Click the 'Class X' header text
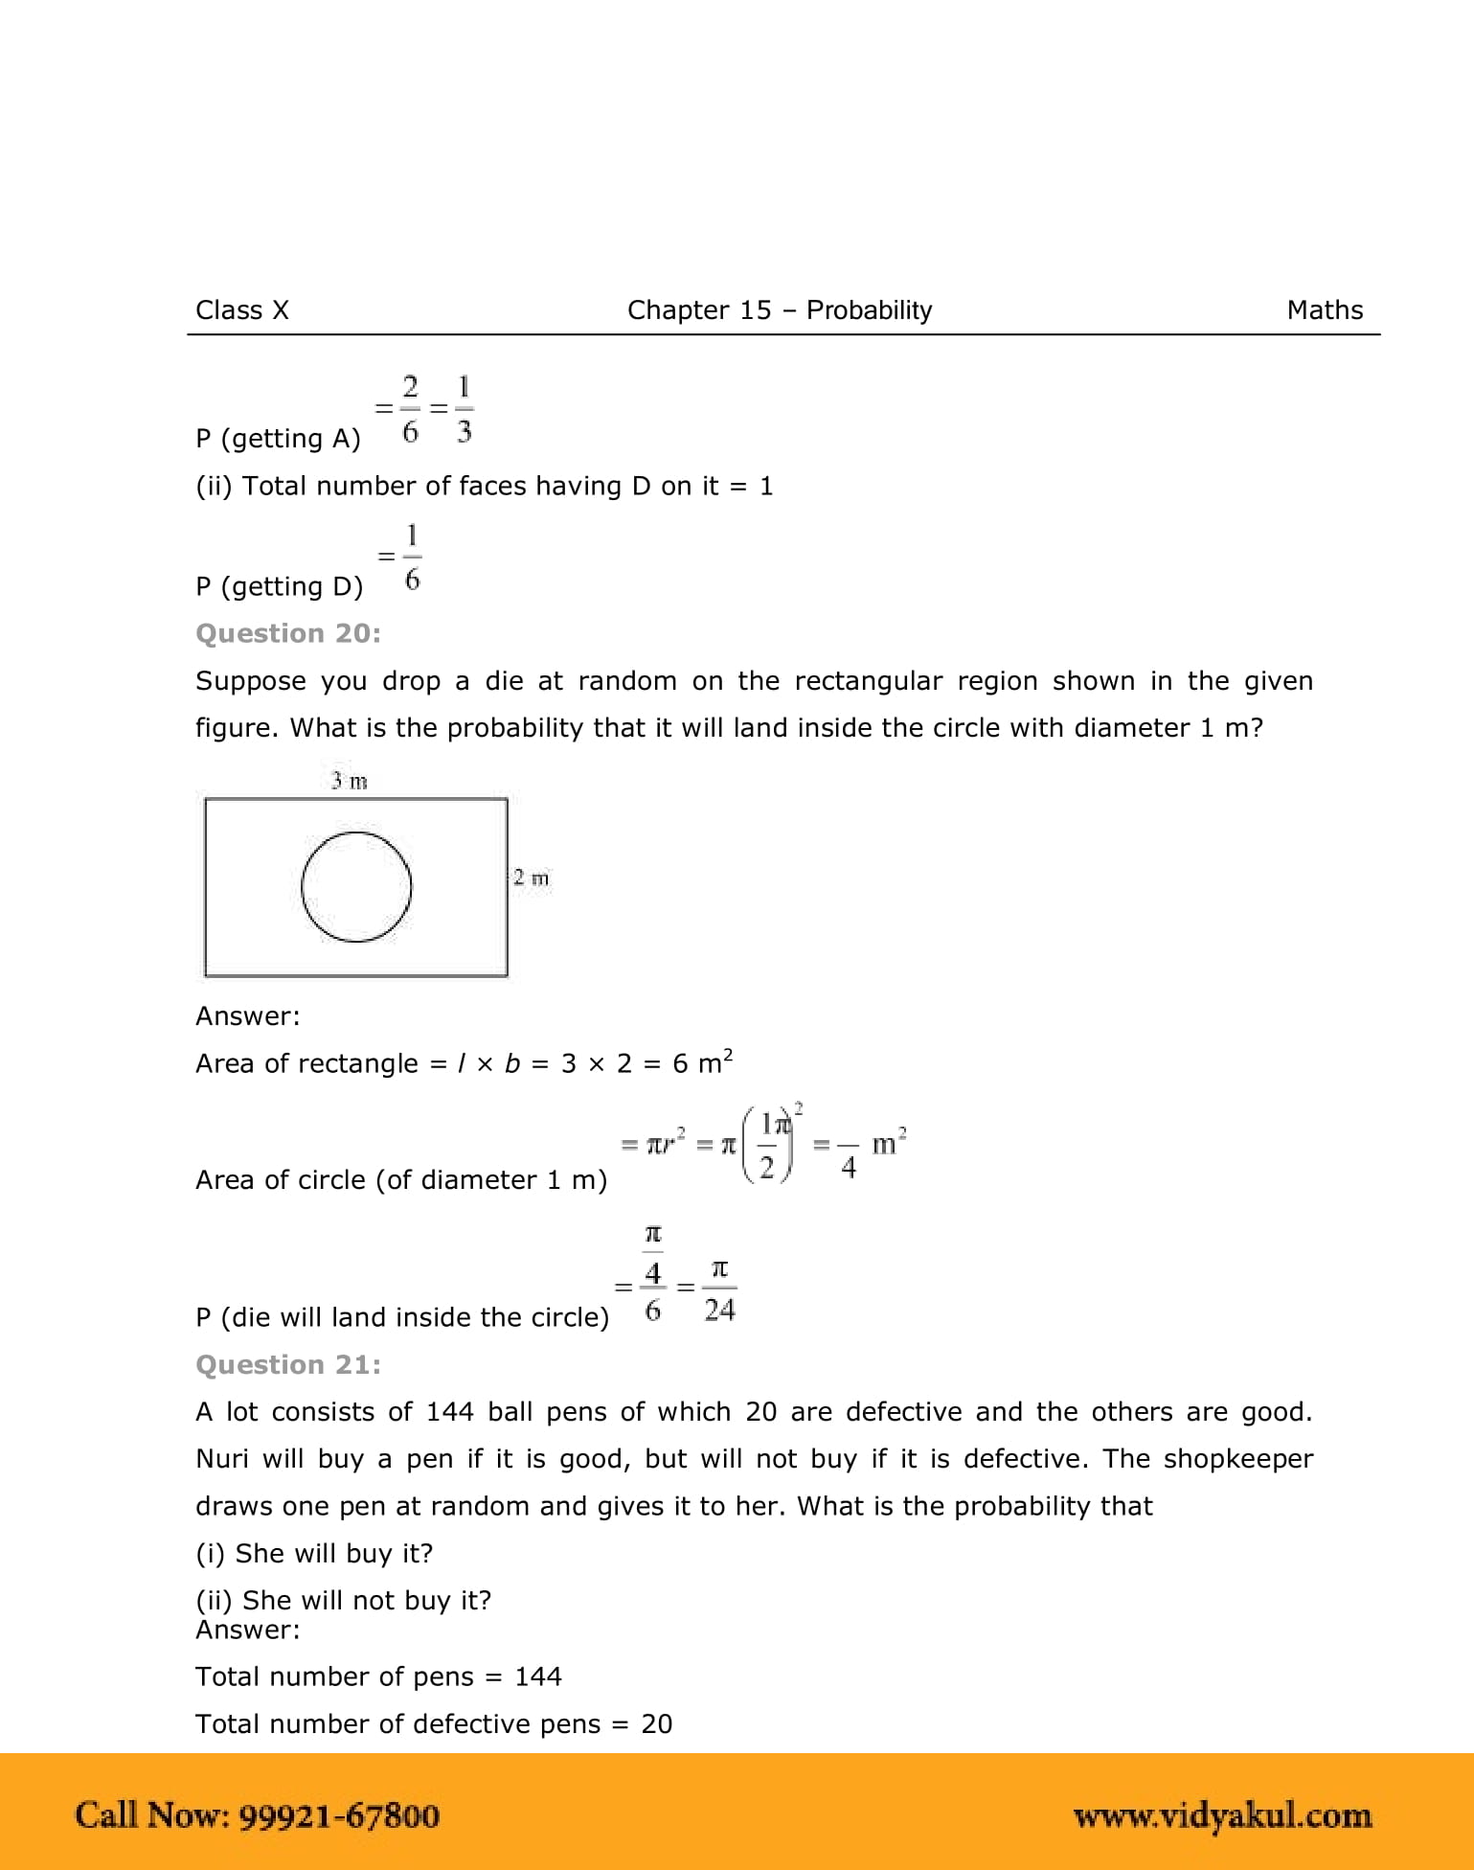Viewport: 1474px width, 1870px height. coord(241,310)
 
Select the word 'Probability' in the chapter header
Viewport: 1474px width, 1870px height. coord(869,310)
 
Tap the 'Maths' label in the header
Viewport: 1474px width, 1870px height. coord(1325,310)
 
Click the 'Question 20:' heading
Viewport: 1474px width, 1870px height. coord(287,633)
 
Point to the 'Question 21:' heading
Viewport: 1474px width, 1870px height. coord(287,1364)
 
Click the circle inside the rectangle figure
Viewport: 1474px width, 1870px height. coord(356,887)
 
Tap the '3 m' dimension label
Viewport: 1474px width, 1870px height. coord(349,782)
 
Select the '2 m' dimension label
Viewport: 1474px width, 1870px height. coord(531,878)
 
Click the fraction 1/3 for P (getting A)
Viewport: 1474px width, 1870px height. coord(464,409)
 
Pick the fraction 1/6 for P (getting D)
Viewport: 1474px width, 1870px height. coord(412,557)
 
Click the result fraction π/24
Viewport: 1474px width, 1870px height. coord(719,1289)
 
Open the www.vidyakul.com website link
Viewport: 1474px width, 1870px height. coord(1222,1815)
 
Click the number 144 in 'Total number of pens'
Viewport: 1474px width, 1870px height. coord(538,1676)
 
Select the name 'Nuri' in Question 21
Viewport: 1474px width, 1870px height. coord(221,1458)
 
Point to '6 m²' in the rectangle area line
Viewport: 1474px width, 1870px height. coord(702,1062)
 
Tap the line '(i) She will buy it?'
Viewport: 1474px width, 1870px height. coord(314,1553)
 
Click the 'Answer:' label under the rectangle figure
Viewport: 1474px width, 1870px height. coord(247,1016)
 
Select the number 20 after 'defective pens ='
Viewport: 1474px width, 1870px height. coord(656,1724)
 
